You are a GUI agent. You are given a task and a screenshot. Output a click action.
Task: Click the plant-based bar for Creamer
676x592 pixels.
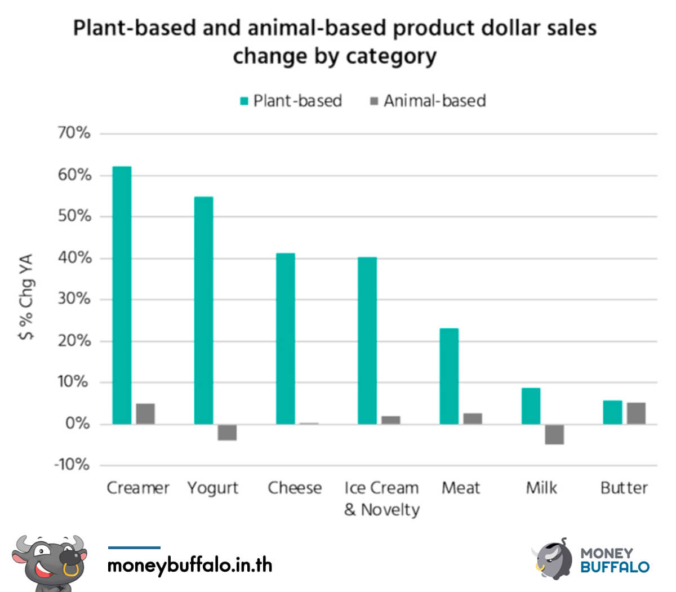pyautogui.click(x=122, y=295)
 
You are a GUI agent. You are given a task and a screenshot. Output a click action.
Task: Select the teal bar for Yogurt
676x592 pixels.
pyautogui.click(x=203, y=310)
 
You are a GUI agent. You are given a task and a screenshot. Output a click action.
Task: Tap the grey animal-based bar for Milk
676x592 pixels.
pyautogui.click(x=554, y=434)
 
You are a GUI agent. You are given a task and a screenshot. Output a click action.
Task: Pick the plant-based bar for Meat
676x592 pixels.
pyautogui.click(x=449, y=376)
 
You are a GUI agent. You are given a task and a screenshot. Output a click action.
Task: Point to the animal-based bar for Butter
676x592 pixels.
pyautogui.click(x=636, y=413)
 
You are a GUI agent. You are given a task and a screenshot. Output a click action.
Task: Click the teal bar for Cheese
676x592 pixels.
pyautogui.click(x=285, y=339)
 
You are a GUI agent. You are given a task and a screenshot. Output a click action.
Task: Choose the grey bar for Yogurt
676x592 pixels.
pyautogui.click(x=227, y=432)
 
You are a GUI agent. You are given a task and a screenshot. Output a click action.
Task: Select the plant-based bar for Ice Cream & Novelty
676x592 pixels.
pyautogui.click(x=367, y=341)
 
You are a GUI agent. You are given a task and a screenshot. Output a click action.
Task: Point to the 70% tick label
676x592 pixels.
pyautogui.click(x=74, y=133)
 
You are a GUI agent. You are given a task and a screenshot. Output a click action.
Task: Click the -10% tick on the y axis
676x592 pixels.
pyautogui.click(x=72, y=465)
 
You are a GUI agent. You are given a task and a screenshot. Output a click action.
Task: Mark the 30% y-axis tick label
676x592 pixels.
pyautogui.click(x=74, y=299)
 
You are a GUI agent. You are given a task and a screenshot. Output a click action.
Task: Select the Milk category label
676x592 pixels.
pyautogui.click(x=541, y=488)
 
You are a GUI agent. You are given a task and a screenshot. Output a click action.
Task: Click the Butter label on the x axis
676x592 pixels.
pyautogui.click(x=624, y=488)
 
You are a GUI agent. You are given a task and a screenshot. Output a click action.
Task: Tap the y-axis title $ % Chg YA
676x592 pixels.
pyautogui.click(x=26, y=297)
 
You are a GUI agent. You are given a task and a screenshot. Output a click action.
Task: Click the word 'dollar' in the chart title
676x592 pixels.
pyautogui.click(x=477, y=28)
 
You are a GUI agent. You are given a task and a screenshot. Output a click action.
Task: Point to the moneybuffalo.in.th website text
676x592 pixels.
pyautogui.click(x=190, y=564)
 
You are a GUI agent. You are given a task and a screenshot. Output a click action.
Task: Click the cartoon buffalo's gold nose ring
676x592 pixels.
pyautogui.click(x=71, y=569)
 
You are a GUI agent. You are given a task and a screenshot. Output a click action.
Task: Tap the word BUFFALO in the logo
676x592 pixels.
pyautogui.click(x=615, y=567)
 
